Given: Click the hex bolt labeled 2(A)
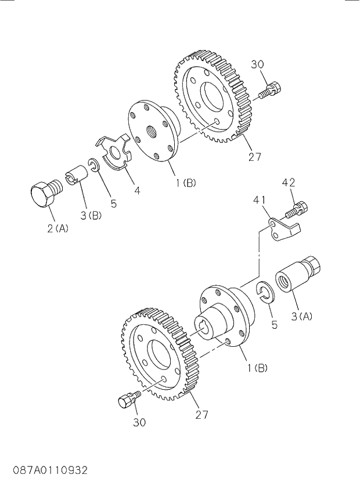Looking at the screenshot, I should pos(44,195).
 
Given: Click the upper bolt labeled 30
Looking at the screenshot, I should pos(271,90).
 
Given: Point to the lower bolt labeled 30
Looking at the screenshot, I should pos(128,400).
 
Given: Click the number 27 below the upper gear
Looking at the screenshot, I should pos(254,156).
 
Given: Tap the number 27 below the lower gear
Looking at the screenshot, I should pos(201,414).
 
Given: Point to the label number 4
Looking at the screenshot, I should pos(136,189).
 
